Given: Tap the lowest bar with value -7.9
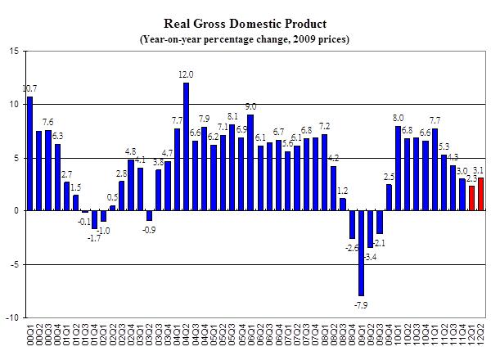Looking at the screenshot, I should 360,253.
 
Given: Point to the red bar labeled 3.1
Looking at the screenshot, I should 480,194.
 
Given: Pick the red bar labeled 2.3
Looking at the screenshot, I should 471,198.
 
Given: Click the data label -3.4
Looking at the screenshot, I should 369,258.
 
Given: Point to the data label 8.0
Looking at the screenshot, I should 398,117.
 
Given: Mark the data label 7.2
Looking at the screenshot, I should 324,126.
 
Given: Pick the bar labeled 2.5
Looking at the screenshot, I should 389,198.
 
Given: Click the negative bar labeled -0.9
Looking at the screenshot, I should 149,216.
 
